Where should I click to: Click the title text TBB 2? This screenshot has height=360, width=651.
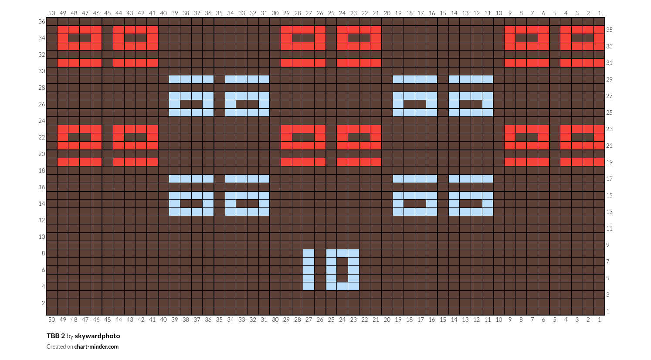55,336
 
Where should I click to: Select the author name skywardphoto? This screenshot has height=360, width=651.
97,336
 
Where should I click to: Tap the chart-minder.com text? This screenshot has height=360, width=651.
96,346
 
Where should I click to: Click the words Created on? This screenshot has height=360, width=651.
60,346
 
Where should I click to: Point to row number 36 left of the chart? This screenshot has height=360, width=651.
42,21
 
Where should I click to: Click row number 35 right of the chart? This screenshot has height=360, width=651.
610,30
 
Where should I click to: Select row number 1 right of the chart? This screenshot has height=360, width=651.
608,311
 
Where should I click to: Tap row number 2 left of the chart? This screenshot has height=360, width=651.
43,303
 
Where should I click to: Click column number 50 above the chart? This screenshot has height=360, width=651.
51,13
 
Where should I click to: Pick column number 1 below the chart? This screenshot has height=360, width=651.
599,319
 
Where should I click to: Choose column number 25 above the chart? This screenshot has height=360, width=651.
331,13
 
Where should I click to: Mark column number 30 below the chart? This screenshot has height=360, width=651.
275,319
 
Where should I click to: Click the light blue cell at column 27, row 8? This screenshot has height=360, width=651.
309,253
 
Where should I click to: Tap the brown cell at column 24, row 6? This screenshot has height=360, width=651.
342,269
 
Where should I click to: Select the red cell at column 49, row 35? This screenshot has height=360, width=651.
63,30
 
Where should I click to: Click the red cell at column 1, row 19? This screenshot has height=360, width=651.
599,162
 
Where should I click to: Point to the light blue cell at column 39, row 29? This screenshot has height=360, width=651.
175,79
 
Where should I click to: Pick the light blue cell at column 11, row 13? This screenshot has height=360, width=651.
488,212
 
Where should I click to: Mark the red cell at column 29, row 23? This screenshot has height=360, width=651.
286,129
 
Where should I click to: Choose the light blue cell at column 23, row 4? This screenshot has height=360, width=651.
353,286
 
